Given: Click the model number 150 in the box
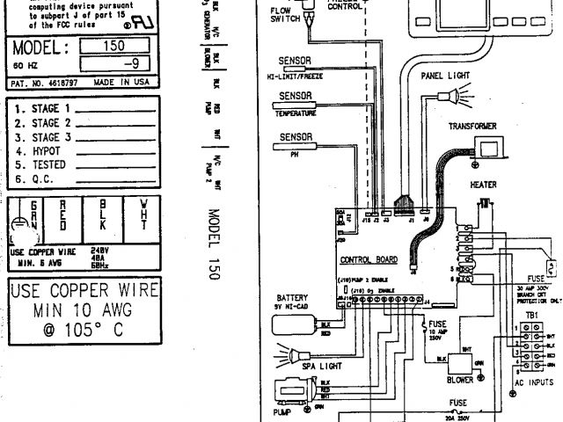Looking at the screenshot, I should coord(115,45).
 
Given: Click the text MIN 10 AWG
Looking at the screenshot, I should coord(84,309).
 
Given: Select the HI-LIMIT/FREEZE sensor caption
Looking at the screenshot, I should coord(295,76).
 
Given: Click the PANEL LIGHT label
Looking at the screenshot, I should coord(444,76).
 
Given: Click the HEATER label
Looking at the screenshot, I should coord(483,185).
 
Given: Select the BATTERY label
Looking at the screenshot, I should coord(292,297).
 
